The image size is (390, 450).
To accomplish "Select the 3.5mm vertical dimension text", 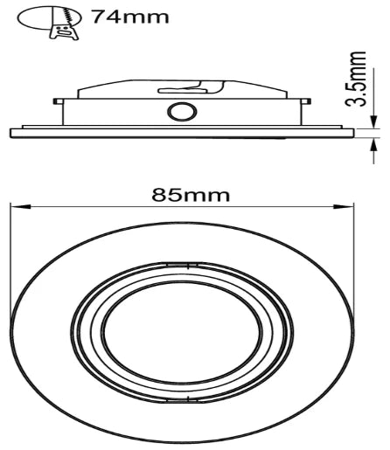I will click(x=357, y=78).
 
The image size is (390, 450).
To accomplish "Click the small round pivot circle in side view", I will click(x=183, y=113).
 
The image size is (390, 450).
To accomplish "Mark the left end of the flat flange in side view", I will click(x=11, y=133).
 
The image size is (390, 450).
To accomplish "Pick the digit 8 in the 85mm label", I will click(x=158, y=194).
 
